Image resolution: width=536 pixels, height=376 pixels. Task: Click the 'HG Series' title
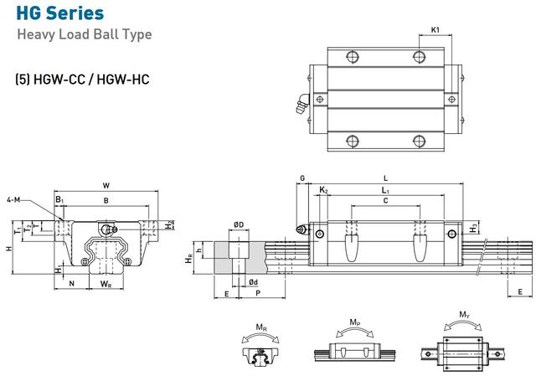pos(60,13)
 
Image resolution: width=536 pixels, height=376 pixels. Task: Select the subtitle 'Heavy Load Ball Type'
pos(85,34)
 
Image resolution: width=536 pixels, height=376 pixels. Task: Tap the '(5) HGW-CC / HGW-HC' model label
pos(82,80)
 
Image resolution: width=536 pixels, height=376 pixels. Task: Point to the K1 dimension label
pos(435,30)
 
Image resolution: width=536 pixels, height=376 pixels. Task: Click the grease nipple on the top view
pos(302,103)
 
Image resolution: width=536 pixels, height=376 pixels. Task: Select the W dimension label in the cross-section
pos(106,186)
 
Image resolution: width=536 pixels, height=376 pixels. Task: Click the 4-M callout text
pos(13,199)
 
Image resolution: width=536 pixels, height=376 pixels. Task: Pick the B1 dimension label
pos(59,199)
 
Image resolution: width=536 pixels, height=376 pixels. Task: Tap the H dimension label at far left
pos(9,248)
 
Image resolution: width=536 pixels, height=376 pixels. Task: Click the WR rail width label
pos(106,284)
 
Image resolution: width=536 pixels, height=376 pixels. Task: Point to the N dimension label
pos(72,283)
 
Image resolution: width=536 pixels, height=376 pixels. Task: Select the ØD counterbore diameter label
pos(239,224)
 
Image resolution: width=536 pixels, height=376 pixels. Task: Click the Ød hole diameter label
pos(253,282)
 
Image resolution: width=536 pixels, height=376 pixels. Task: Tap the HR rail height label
pos(188,259)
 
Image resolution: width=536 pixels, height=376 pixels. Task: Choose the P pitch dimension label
pos(258,293)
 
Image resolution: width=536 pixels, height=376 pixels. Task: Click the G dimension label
pos(302,178)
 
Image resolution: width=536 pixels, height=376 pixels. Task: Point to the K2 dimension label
pos(323,190)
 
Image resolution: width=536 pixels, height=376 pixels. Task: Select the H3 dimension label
pos(473,228)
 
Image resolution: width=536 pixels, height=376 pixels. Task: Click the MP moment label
pos(355,322)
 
